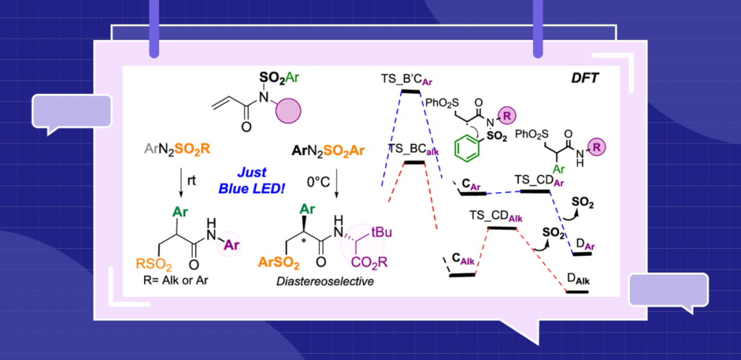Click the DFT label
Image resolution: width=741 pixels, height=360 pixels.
click(585, 79)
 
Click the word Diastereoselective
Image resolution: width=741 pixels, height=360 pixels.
click(325, 280)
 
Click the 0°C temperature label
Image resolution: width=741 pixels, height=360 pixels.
click(320, 182)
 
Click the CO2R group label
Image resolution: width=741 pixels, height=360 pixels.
click(370, 261)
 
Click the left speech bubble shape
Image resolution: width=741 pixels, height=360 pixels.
click(71, 112)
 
